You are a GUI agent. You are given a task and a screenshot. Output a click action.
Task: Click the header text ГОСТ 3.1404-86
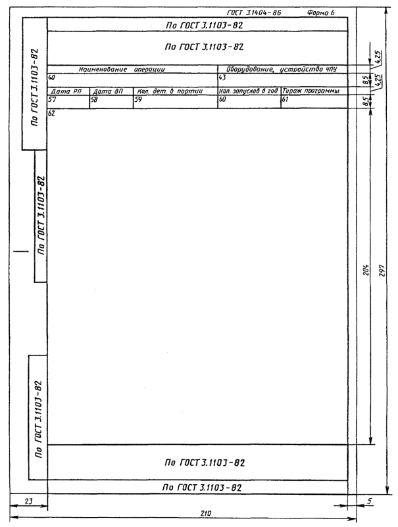point(254,12)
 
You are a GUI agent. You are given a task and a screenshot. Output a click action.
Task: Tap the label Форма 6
point(320,12)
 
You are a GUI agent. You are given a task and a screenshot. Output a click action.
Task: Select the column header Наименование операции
point(122,70)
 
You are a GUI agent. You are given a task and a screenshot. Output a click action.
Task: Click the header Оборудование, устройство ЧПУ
point(282,70)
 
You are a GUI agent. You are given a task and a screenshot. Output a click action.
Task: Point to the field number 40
point(51,78)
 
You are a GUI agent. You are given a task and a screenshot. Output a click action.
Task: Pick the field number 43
point(222,78)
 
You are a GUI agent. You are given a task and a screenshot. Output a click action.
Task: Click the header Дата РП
point(66,91)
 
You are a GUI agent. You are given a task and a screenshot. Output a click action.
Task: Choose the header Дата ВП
point(108,91)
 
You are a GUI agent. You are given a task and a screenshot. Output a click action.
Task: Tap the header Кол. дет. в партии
point(170,91)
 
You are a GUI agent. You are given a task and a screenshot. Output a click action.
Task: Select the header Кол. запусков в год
point(248,91)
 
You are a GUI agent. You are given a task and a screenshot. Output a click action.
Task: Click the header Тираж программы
point(311,91)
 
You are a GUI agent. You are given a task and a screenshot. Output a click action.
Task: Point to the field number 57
point(52,99)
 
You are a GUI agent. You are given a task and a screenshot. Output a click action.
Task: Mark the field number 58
point(94,99)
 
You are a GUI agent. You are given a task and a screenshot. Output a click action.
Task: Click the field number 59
point(138,99)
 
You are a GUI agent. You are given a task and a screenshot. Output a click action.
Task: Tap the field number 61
point(285,99)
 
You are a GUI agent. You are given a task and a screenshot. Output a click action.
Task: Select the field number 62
point(51,113)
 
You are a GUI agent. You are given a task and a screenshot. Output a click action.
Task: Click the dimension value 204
point(366,269)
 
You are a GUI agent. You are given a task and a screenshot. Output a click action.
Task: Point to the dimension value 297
point(382,269)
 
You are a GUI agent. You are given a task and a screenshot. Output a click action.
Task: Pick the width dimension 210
point(205,514)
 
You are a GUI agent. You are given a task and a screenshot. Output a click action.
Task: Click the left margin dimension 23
point(28,501)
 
